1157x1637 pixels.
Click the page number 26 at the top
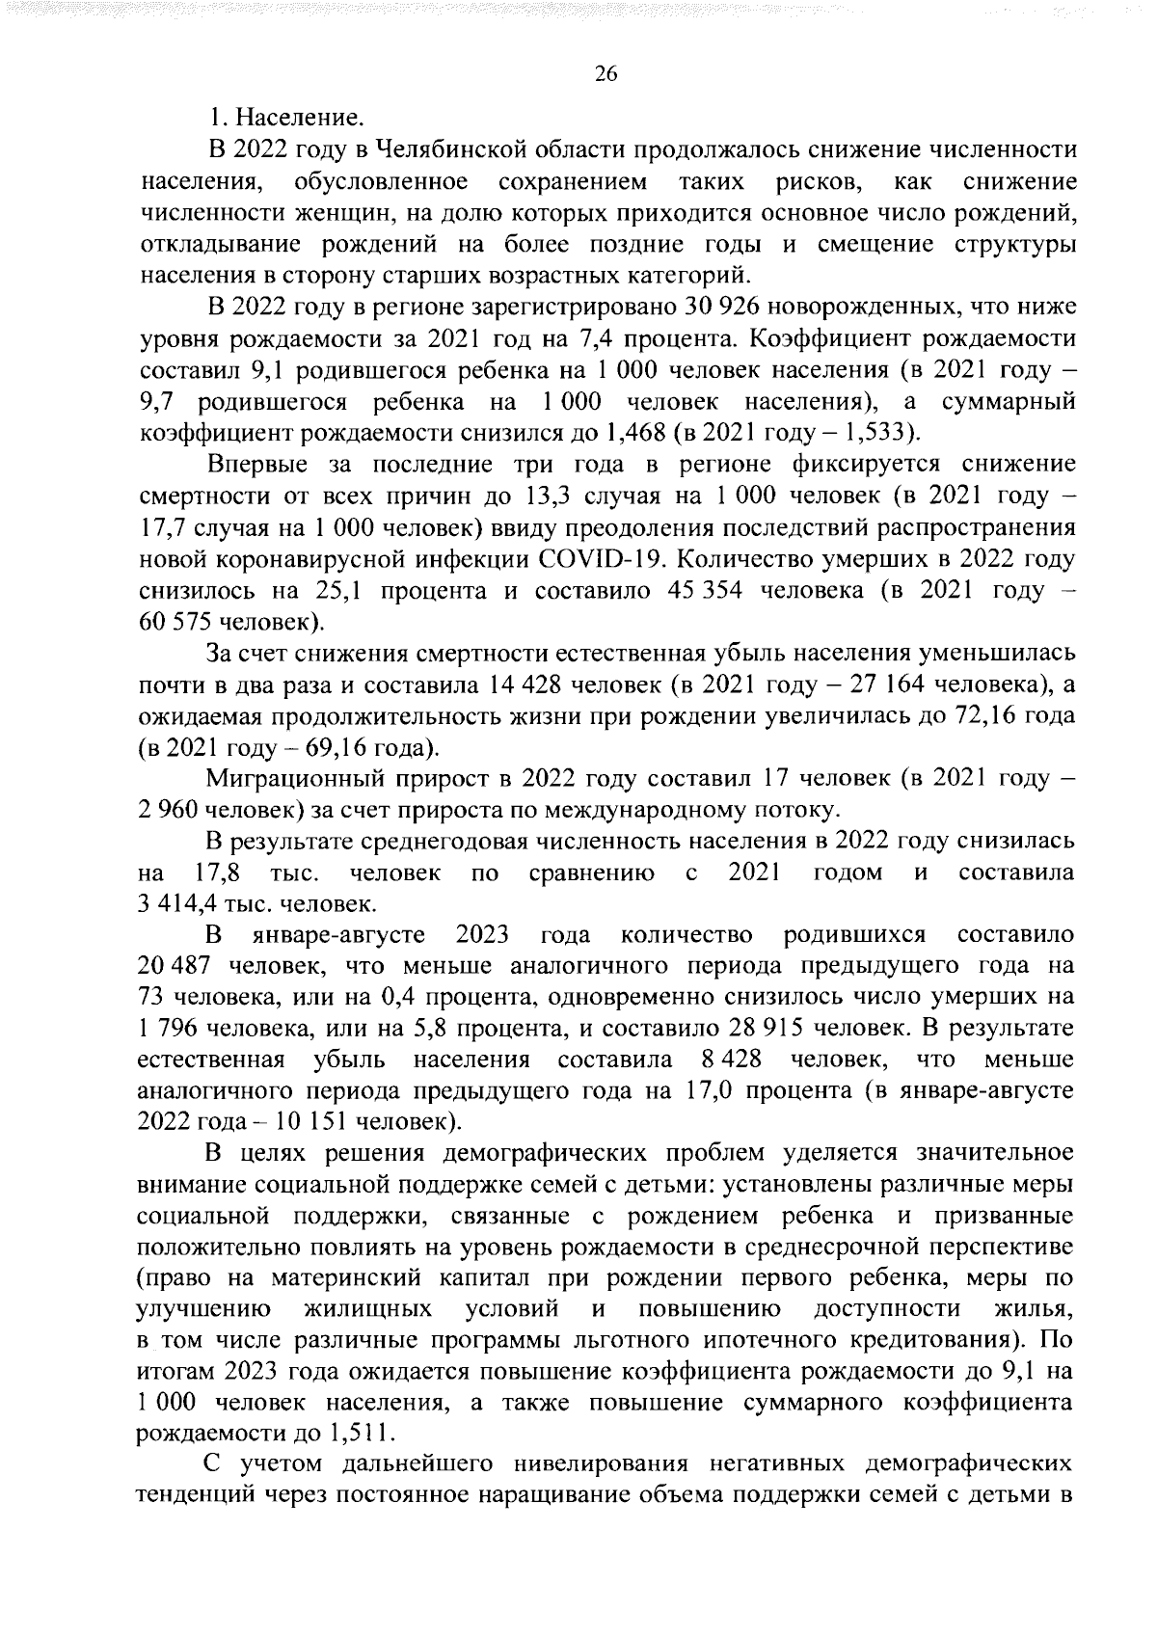tap(605, 76)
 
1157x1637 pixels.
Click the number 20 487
tap(174, 966)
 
